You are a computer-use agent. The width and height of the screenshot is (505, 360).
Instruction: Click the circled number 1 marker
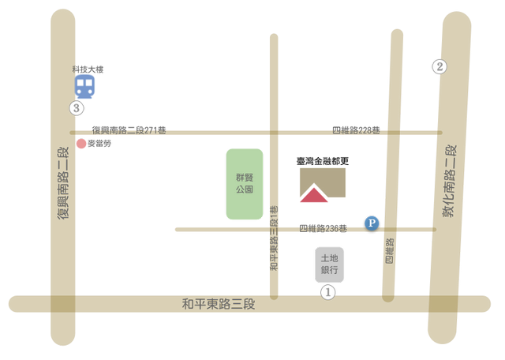click(x=327, y=292)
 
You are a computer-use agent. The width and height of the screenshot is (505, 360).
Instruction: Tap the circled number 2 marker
click(x=440, y=67)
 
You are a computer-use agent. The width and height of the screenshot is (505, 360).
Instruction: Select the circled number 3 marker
click(x=77, y=108)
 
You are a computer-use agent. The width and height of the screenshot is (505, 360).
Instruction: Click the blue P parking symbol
click(x=371, y=223)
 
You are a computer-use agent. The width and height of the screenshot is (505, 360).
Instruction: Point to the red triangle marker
click(x=313, y=195)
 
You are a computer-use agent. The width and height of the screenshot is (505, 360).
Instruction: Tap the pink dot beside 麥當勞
click(x=81, y=144)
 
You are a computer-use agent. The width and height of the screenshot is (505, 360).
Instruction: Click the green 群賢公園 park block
click(x=245, y=184)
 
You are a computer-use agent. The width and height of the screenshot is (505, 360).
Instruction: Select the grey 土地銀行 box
click(x=329, y=264)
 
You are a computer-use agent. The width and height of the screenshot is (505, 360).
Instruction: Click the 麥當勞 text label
click(x=100, y=144)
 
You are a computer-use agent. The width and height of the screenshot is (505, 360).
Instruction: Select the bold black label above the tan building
click(x=322, y=161)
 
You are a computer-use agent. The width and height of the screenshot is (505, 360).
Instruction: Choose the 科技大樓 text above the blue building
click(x=88, y=69)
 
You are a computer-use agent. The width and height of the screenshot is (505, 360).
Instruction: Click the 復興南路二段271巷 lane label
click(x=129, y=129)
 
